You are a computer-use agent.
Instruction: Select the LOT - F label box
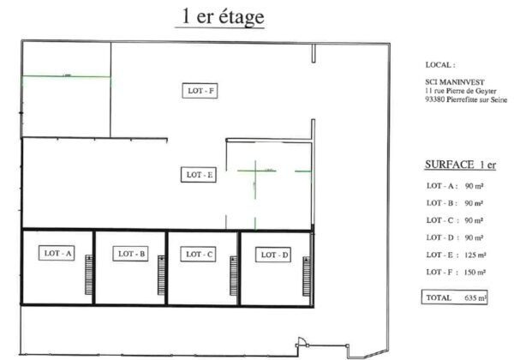coord(200,91)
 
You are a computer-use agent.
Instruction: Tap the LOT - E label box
coord(199,175)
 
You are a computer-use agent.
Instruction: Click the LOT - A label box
coord(57,253)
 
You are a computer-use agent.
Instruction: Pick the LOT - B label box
coord(130,254)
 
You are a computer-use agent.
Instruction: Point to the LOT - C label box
coord(199,254)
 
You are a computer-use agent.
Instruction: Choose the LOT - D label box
coord(273,255)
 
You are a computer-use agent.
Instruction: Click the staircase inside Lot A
coord(89,275)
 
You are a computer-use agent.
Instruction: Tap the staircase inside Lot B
coord(161,275)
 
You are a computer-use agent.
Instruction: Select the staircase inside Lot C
coord(233,276)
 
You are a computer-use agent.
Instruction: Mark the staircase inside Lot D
coord(307,276)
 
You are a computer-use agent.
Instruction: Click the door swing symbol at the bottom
coord(302,342)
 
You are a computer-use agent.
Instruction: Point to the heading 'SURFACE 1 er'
coord(461,165)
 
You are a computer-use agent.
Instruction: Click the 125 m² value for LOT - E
coord(475,255)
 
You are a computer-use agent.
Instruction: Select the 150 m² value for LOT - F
coord(475,272)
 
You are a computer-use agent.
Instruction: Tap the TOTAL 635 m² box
coord(454,297)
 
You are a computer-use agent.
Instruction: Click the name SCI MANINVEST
coord(455,82)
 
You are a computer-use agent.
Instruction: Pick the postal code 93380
coord(435,99)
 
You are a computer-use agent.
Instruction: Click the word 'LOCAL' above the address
coord(438,65)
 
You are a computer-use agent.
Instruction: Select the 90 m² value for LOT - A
coord(474,186)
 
